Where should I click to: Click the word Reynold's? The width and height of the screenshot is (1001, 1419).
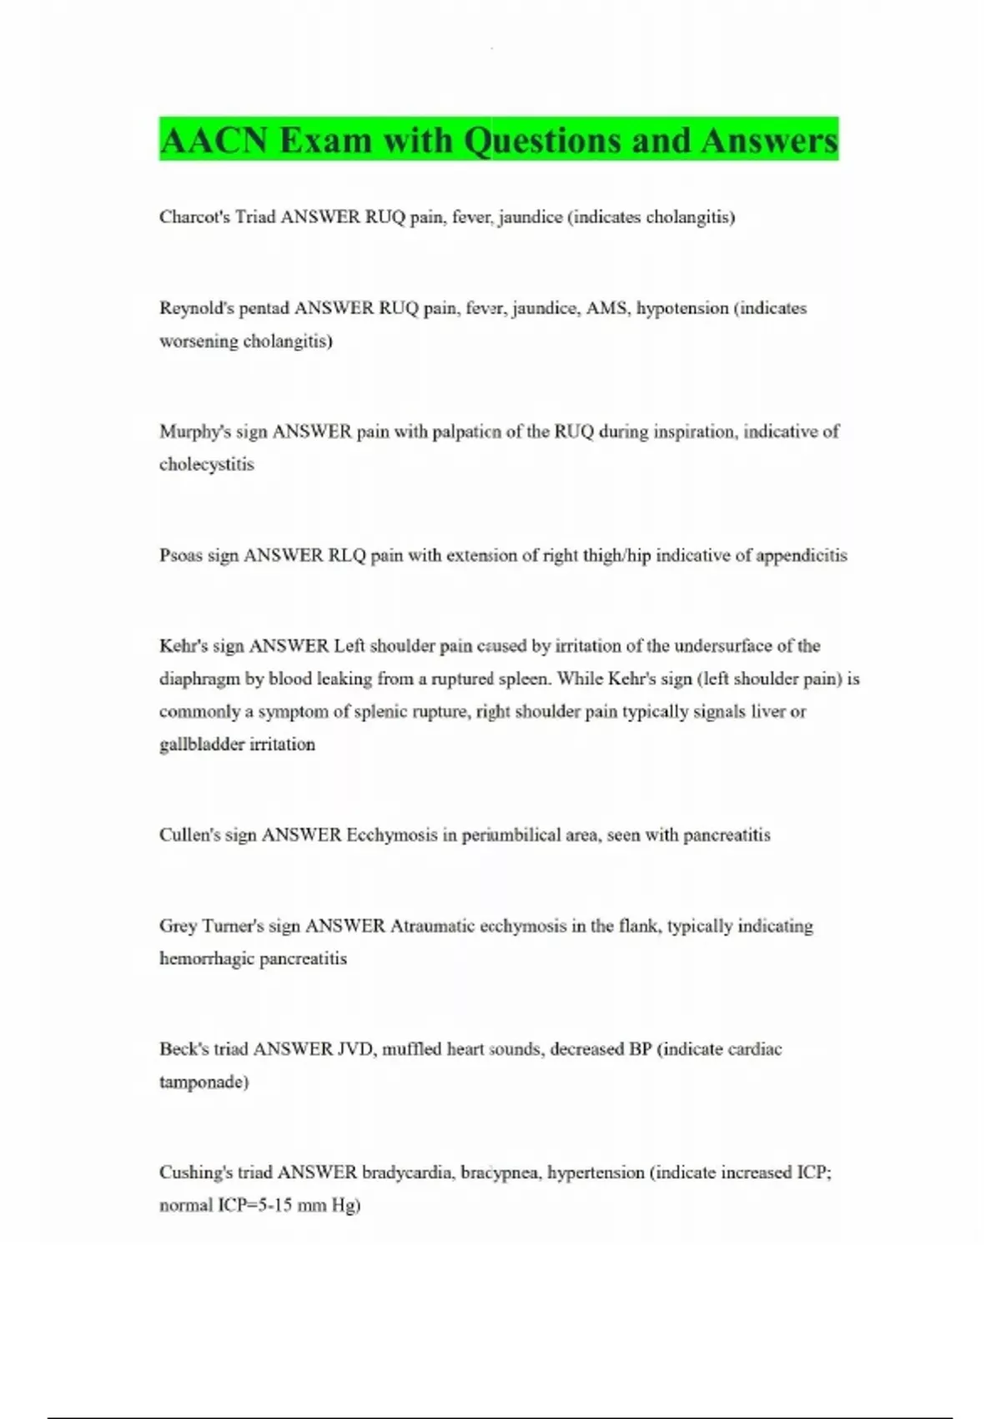pyautogui.click(x=197, y=308)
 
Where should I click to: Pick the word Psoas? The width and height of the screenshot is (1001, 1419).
pyautogui.click(x=180, y=555)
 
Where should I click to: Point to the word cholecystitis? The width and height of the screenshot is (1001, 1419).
pyautogui.click(x=207, y=464)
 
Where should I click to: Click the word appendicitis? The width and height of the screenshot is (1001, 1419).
pyautogui.click(x=801, y=555)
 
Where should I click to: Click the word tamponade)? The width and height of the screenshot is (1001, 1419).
pyautogui.click(x=204, y=1082)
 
